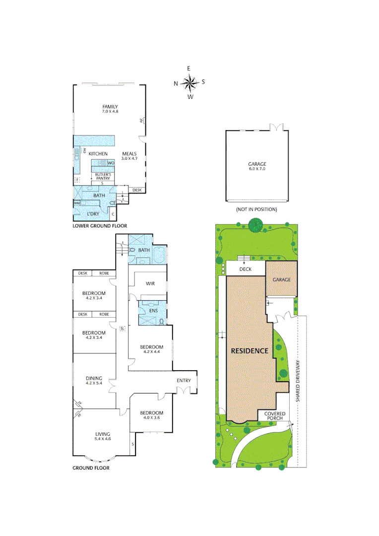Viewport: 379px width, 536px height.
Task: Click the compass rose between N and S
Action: tap(189, 82)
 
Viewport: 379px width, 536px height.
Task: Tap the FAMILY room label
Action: tap(110, 107)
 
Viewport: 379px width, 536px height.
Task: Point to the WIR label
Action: tap(151, 283)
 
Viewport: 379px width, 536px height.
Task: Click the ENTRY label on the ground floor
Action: tap(184, 381)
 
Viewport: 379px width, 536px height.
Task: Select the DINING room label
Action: tap(94, 378)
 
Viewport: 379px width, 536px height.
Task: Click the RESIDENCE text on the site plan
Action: tap(250, 350)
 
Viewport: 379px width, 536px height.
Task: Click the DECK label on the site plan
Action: tap(246, 269)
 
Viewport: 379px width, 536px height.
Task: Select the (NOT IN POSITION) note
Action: tap(256, 209)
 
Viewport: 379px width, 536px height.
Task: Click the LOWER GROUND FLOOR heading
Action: tap(100, 226)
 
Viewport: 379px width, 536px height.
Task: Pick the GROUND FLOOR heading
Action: tap(91, 468)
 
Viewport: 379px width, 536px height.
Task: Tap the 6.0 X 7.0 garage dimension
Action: tap(257, 169)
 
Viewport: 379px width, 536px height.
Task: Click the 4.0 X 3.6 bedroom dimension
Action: tap(151, 418)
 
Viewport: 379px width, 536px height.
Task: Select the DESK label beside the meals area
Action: tap(137, 190)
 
